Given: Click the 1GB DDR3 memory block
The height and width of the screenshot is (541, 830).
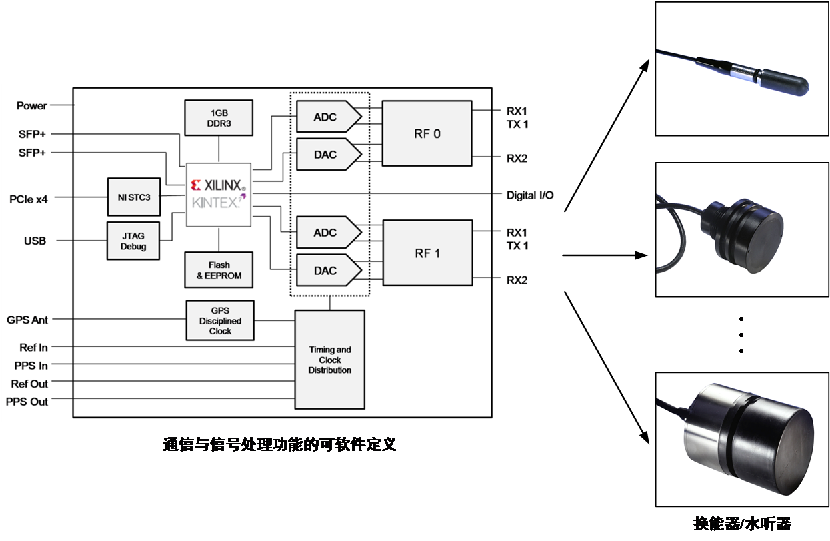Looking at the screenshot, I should click(219, 118).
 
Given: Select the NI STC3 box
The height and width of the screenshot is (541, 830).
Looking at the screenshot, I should click(134, 197).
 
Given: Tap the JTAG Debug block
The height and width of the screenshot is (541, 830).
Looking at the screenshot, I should click(133, 241).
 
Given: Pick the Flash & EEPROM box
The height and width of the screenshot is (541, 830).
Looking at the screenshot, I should click(219, 270).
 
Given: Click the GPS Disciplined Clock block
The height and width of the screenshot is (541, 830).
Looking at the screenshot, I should click(220, 321).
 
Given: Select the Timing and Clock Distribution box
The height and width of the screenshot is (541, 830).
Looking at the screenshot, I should click(329, 360).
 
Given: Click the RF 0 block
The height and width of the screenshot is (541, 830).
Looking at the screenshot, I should click(427, 133).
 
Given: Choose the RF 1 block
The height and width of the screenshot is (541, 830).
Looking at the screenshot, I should click(427, 253).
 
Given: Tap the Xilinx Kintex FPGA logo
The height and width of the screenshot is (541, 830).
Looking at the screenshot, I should click(218, 194).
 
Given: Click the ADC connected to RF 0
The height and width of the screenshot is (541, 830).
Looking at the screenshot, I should click(327, 117).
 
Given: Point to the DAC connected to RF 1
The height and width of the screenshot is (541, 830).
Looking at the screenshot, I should click(327, 271).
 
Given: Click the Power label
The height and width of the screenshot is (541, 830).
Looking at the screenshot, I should click(32, 105).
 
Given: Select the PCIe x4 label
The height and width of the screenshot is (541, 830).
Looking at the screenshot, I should click(28, 198).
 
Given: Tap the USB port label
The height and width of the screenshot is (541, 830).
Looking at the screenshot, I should click(35, 241).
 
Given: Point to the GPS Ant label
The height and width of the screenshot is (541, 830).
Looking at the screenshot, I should click(27, 320).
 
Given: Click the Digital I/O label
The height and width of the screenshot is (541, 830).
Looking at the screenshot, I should click(530, 195).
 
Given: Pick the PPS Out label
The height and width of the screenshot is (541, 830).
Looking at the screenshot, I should click(27, 402).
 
